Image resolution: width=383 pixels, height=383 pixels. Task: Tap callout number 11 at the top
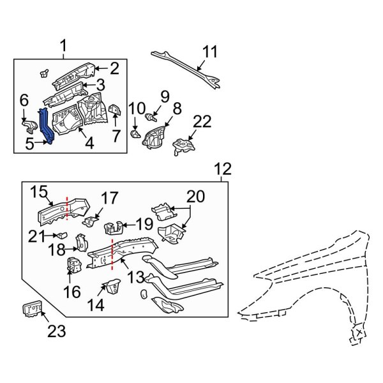click(210, 51)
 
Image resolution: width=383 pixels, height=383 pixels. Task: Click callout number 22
click(202, 122)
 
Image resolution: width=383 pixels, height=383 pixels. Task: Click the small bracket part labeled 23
click(31, 310)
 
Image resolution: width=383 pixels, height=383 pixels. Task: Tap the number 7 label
click(116, 136)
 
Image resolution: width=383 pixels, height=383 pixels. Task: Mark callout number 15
click(40, 191)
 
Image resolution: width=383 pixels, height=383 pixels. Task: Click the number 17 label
click(109, 198)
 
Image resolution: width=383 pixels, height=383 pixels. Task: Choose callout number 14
click(97, 305)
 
